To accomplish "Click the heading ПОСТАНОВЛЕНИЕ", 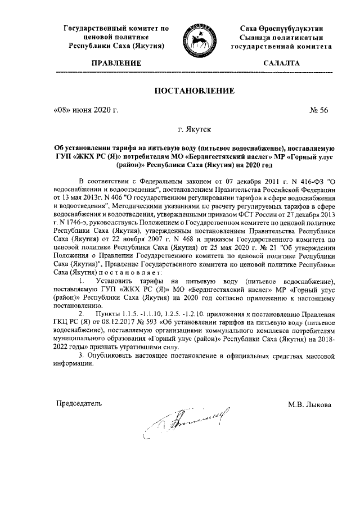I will pyautogui.click(x=195, y=92).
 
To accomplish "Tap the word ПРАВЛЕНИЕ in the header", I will pyautogui.click(x=116, y=64).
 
